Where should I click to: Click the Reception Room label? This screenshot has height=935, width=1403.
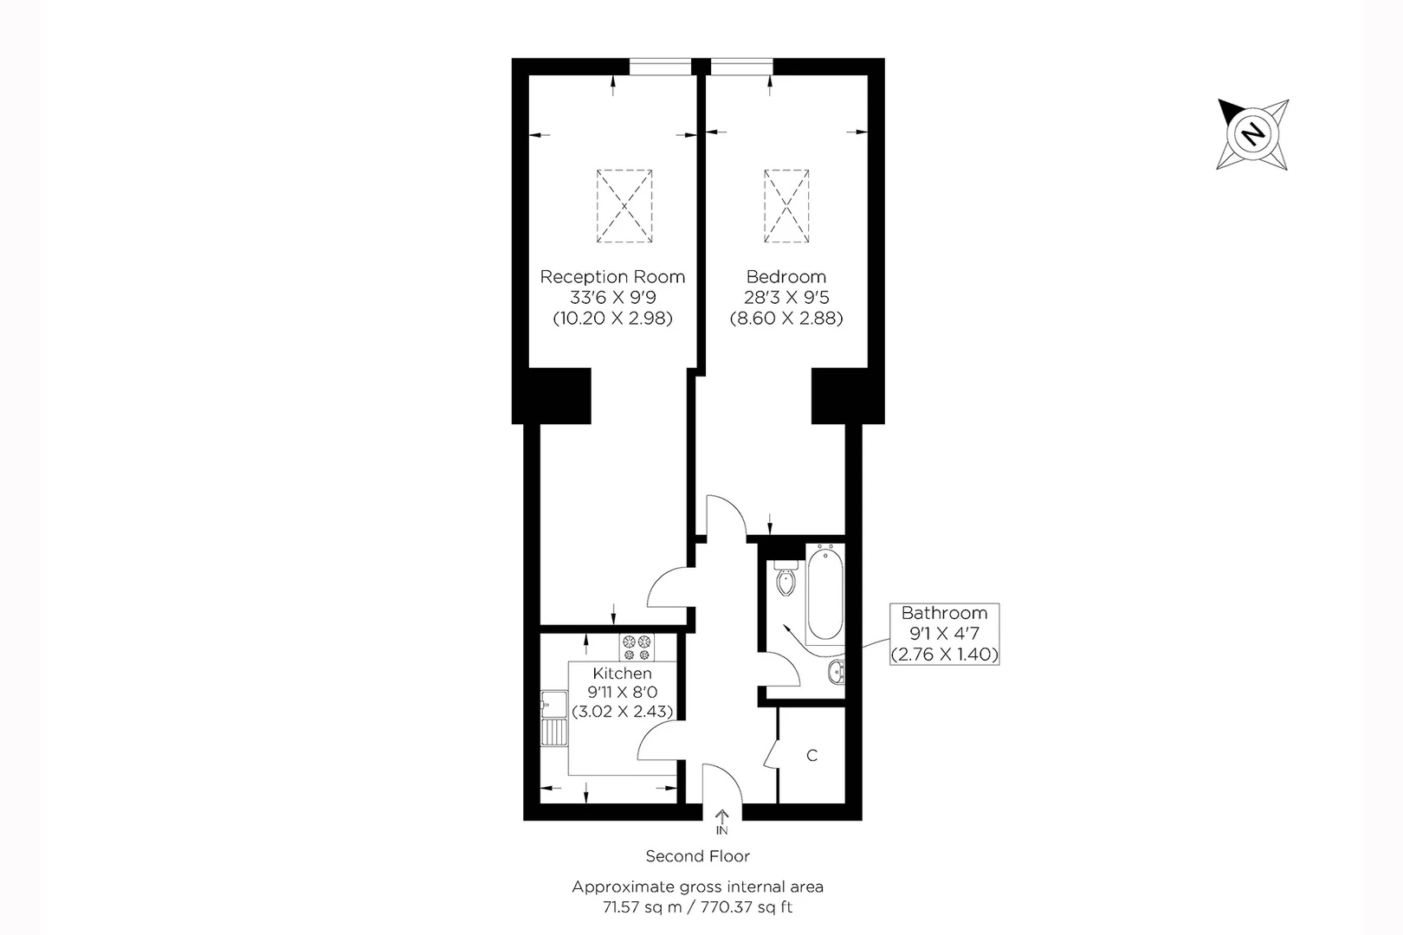[612, 277]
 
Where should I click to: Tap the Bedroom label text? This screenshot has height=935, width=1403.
[786, 277]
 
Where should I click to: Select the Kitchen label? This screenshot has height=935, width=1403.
[622, 674]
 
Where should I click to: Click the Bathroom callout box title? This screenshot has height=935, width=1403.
[944, 613]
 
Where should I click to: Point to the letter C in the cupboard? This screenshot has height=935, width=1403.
[811, 756]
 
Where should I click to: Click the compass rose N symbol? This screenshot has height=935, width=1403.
[1252, 134]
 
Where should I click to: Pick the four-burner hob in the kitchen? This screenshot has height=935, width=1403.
[637, 648]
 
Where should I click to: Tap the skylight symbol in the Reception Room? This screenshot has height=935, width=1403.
[624, 206]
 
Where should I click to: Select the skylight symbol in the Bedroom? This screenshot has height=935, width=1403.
[786, 206]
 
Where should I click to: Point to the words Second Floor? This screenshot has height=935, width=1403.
[697, 856]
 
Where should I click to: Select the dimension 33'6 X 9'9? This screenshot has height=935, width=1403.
[612, 298]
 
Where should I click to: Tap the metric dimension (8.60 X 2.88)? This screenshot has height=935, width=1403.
[786, 319]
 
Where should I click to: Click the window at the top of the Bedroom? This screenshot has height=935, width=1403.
[741, 67]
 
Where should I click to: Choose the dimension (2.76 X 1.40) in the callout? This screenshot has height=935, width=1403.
[944, 654]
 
